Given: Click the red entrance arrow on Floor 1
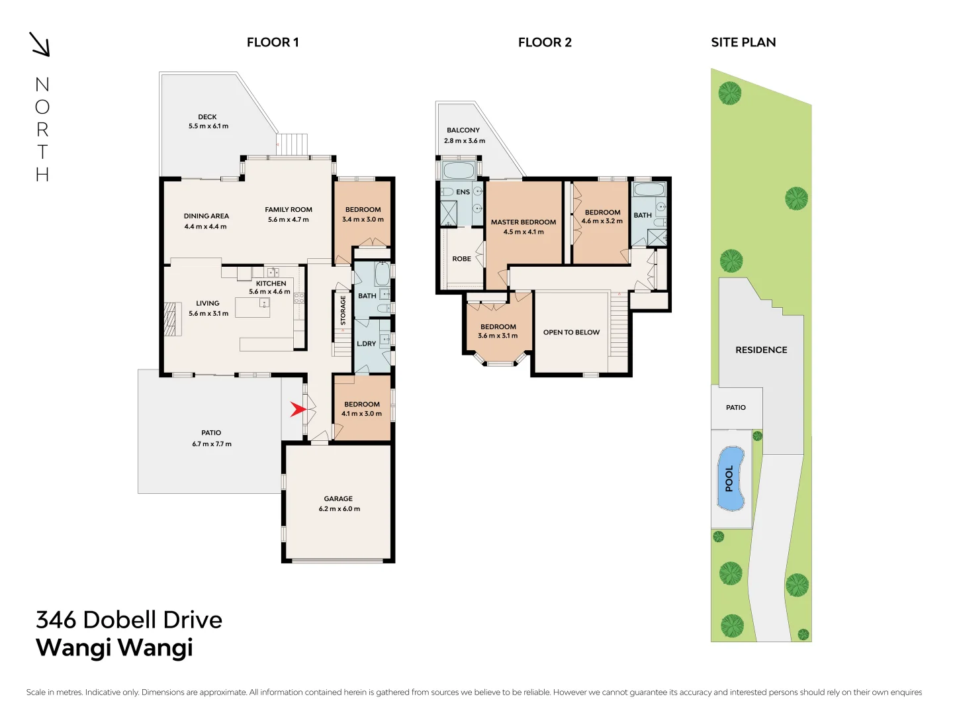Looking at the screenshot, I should pyautogui.click(x=298, y=410).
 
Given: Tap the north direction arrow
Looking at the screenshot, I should pyautogui.click(x=40, y=44).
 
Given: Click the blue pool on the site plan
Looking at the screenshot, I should pyautogui.click(x=731, y=479).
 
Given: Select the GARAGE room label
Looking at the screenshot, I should pyautogui.click(x=338, y=499).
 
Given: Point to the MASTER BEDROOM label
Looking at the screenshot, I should pyautogui.click(x=523, y=222).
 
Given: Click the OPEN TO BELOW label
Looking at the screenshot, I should pyautogui.click(x=571, y=332).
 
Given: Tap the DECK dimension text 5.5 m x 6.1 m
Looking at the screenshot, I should pyautogui.click(x=208, y=126).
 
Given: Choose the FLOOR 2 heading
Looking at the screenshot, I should pyautogui.click(x=545, y=42).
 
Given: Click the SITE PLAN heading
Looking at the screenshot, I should pyautogui.click(x=743, y=42).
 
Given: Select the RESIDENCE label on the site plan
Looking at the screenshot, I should pyautogui.click(x=761, y=350).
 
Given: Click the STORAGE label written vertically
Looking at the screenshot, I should pyautogui.click(x=343, y=310).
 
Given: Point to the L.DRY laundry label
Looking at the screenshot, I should pyautogui.click(x=366, y=344).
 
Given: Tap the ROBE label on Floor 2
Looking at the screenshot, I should pyautogui.click(x=461, y=259).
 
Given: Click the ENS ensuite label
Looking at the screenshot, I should pyautogui.click(x=463, y=192).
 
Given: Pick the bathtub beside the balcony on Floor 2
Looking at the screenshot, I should pyautogui.click(x=459, y=170).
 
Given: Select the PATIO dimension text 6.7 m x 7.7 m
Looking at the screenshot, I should pyautogui.click(x=212, y=444).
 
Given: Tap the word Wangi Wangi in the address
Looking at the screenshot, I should pyautogui.click(x=114, y=647).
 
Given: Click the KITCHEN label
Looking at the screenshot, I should pyautogui.click(x=271, y=283).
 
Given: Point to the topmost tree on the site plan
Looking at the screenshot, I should pyautogui.click(x=730, y=93).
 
